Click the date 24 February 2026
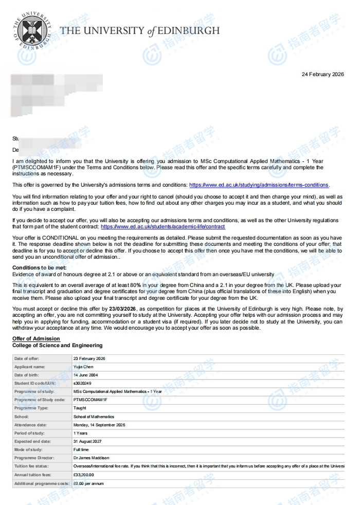pyautogui.click(x=322, y=75)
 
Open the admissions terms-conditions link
pyautogui.click(x=259, y=185)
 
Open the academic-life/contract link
pyautogui.click(x=163, y=226)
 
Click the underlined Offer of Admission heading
pyautogui.click(x=36, y=338)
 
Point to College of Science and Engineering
pyautogui.click(x=58, y=345)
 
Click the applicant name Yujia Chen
pyautogui.click(x=85, y=367)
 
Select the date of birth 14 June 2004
pyautogui.click(x=86, y=375)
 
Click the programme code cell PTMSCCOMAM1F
pyautogui.click(x=91, y=400)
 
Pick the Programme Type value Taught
pyautogui.click(x=80, y=408)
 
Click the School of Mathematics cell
pyautogui.click(x=94, y=417)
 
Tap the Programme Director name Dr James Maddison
pyautogui.click(x=92, y=458)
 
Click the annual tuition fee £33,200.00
pyautogui.click(x=84, y=475)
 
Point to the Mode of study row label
pyautogui.click(x=28, y=449)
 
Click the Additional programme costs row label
pyautogui.click(x=42, y=483)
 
